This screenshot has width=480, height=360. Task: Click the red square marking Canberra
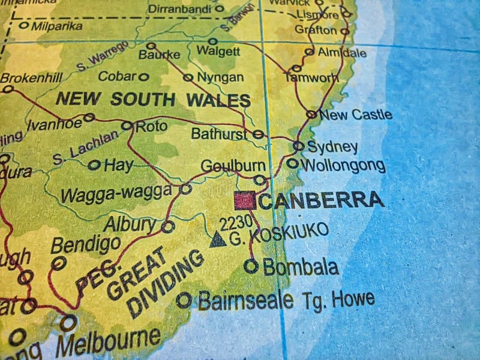245,200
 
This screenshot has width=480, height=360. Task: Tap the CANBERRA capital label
322,200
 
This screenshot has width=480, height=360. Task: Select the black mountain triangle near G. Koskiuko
217,239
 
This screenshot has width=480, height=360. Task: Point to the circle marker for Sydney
298,146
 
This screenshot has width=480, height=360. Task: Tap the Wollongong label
343,165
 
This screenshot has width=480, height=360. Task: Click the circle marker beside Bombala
251,266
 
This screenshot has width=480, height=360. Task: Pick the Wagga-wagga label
116,193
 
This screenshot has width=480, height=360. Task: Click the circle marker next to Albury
168,226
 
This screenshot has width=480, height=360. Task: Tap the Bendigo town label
85,244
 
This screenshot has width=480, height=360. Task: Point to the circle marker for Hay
94,165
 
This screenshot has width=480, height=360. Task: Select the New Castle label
356,114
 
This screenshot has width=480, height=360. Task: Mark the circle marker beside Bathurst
258,134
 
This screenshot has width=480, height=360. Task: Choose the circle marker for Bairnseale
184,299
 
